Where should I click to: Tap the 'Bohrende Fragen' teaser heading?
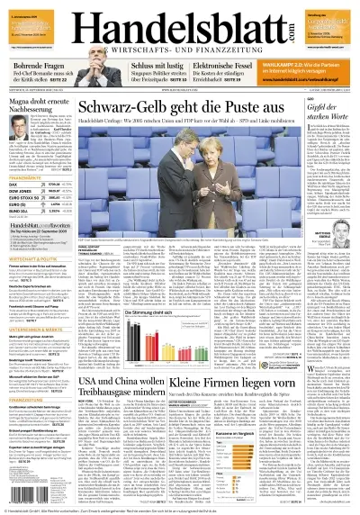pos(36,69)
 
